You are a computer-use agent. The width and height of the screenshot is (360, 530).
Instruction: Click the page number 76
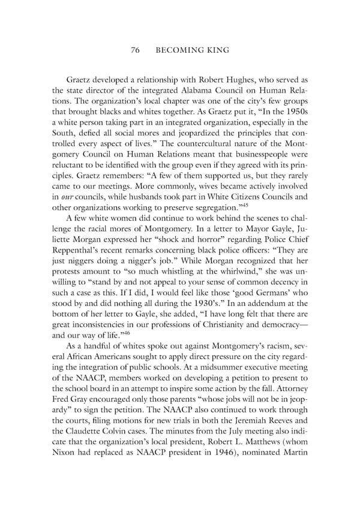(x=135, y=51)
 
